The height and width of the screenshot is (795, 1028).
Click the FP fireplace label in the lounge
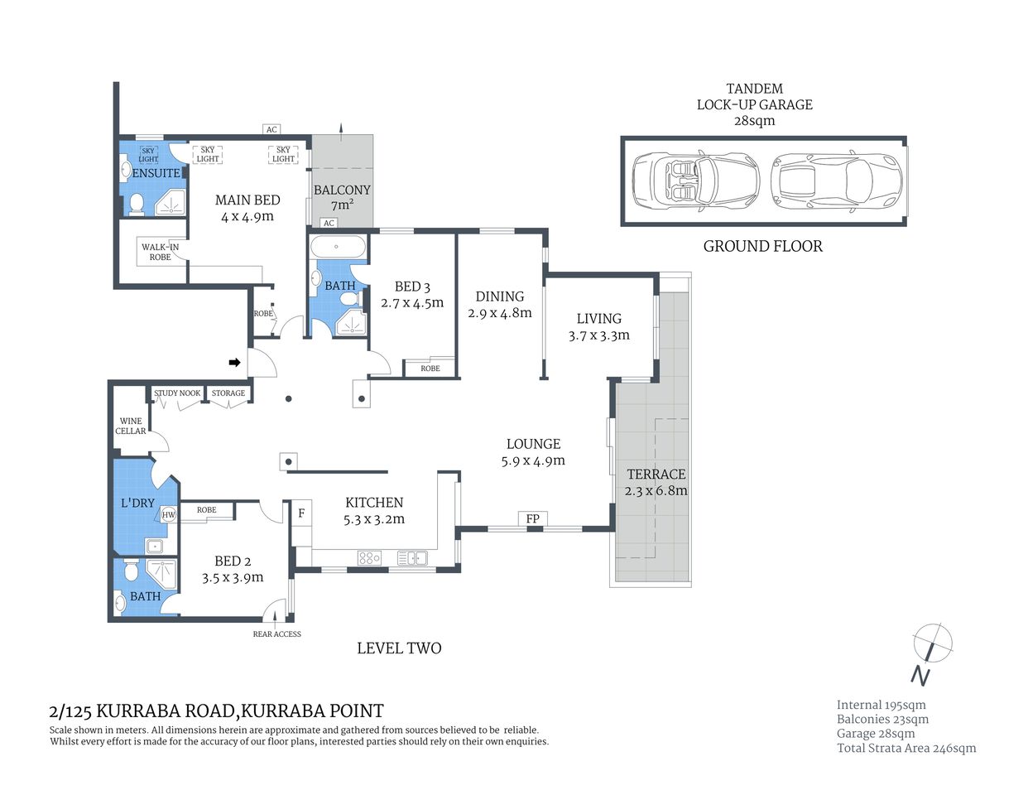tap(533, 519)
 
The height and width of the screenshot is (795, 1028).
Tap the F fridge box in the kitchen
tap(301, 513)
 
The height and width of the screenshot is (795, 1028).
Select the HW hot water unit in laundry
tap(169, 514)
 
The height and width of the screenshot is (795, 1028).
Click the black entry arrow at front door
tap(235, 362)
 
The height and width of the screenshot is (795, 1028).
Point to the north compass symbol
tap(932, 644)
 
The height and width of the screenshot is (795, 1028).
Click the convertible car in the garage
tap(695, 181)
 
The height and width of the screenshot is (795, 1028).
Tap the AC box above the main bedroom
tap(271, 129)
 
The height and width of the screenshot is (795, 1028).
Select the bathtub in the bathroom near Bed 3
tap(337, 247)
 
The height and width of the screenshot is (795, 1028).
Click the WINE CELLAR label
tap(131, 426)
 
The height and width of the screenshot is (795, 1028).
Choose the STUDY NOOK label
tap(177, 393)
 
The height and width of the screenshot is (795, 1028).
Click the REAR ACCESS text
tap(276, 634)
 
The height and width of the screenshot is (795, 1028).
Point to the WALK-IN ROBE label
tap(160, 252)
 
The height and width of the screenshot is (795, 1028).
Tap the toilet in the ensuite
tap(137, 204)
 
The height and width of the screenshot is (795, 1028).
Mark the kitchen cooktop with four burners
tap(369, 558)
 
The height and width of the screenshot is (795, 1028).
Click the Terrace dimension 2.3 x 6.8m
tap(656, 490)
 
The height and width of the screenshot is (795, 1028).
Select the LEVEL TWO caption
tap(399, 648)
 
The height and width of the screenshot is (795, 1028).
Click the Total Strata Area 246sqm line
tap(906, 748)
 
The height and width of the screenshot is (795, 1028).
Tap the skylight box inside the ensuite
tap(148, 155)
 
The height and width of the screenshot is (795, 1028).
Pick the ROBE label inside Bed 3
tap(430, 369)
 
